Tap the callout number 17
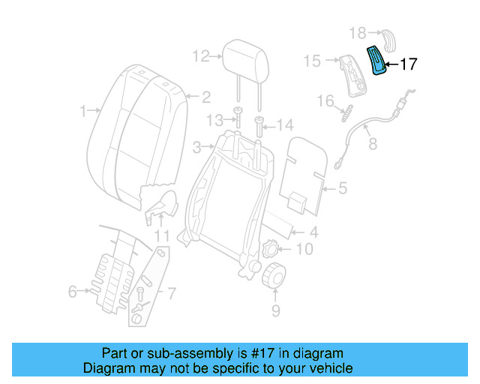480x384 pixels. [x=407, y=64]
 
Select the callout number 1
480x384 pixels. [x=83, y=112]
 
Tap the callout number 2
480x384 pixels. [x=205, y=97]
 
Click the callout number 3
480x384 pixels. [x=196, y=145]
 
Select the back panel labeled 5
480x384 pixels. [x=307, y=171]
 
